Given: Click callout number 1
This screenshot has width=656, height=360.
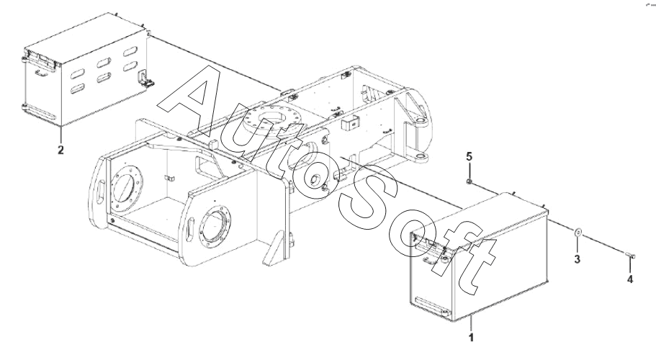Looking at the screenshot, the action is (471, 337).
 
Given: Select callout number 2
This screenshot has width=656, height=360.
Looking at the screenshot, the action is (60, 150).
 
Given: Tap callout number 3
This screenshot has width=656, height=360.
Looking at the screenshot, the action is (577, 259).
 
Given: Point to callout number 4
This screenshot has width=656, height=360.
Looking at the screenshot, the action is (629, 279).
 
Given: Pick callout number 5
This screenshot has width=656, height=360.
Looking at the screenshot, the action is (469, 157).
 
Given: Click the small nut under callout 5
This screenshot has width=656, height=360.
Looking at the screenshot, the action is (469, 181).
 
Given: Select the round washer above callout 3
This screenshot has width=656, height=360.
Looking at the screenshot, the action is (578, 232).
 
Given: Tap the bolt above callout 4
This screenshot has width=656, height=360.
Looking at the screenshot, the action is (631, 255).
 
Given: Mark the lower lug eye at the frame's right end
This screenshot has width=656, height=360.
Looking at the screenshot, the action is (421, 157).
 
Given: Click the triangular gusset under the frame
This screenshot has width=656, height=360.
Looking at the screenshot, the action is (274, 249).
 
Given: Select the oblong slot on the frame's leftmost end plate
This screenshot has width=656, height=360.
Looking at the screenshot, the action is (100, 192).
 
